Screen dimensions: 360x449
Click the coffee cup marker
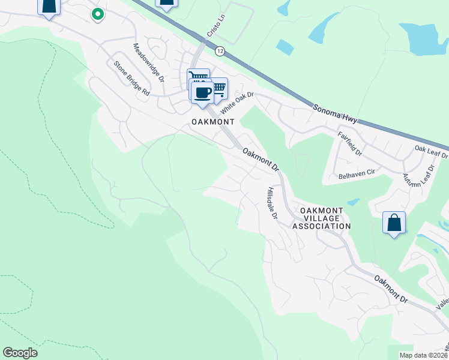pos(202,93)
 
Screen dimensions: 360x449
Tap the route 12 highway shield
pos(221,51)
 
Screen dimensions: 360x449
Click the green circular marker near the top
pos(97,13)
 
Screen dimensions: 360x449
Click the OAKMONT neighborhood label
pos(212,121)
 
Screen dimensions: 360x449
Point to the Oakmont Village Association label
pos(321,218)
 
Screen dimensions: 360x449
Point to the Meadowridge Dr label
pos(148,62)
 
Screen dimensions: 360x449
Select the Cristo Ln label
pos(214,28)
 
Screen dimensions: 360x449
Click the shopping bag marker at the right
pos(394,223)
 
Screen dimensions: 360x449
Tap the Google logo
pos(20,353)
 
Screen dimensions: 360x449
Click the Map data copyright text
pos(424,355)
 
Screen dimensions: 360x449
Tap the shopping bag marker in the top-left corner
pos(49,5)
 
